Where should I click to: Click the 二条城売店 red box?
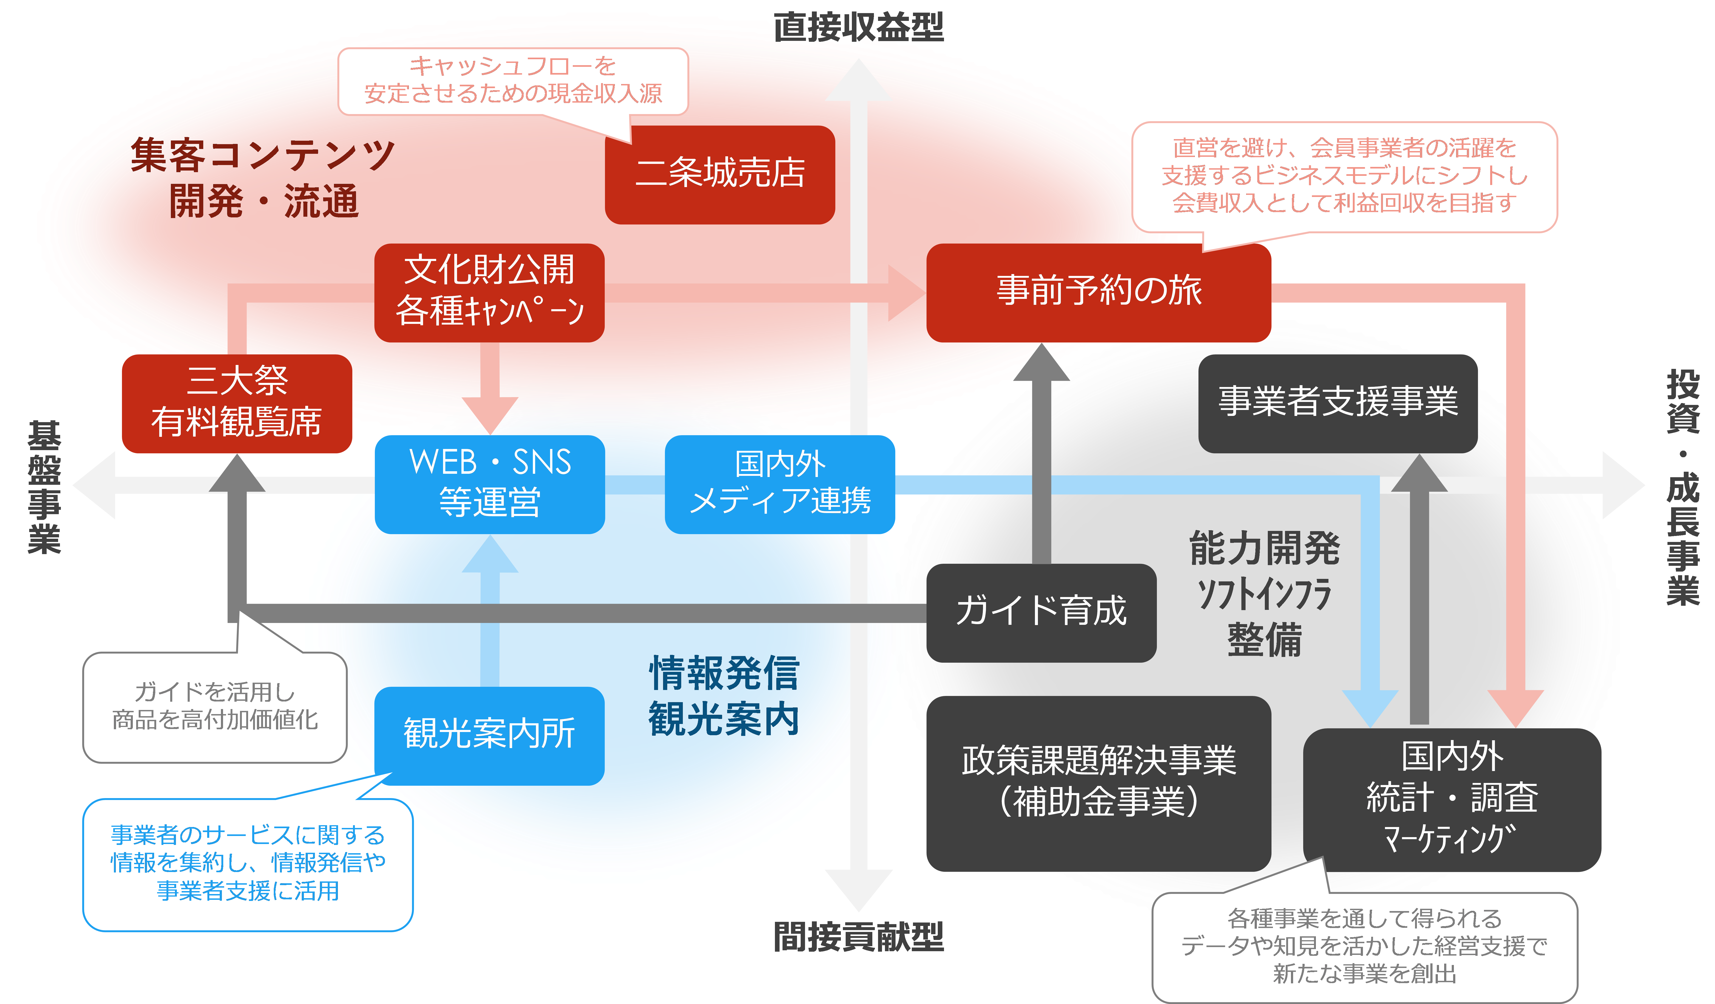[x=719, y=174]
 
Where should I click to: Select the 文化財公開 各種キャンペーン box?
[x=489, y=292]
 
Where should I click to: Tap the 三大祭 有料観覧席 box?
[x=237, y=403]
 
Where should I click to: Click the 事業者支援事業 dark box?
[x=1337, y=403]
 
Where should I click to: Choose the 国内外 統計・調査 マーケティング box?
[x=1452, y=799]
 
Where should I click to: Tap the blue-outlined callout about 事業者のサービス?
[x=248, y=864]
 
